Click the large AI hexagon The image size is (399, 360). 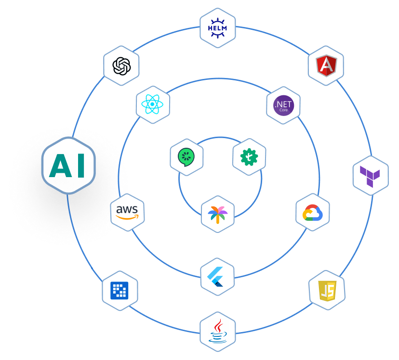pos(68,166)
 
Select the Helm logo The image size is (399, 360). pos(217,28)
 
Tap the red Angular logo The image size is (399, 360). pos(326,66)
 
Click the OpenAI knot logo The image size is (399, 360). pos(121,66)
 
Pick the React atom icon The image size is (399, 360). pos(153,104)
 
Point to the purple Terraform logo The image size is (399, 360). pos(370,176)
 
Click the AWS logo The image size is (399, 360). pos(128,212)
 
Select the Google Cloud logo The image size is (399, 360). pos(313,212)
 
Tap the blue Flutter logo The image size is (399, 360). pos(217,277)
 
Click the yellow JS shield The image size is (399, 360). pos(327,290)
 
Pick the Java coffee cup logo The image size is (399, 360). pos(217,331)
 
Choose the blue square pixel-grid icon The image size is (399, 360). pos(120,290)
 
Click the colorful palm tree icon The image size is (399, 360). pos(217,214)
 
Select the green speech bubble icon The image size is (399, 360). pos(186,157)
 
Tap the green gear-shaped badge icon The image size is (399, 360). pos(249,157)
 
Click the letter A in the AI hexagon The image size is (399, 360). pos(59,166)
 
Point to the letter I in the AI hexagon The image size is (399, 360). pos(80,166)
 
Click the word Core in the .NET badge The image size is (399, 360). pos(283,110)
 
